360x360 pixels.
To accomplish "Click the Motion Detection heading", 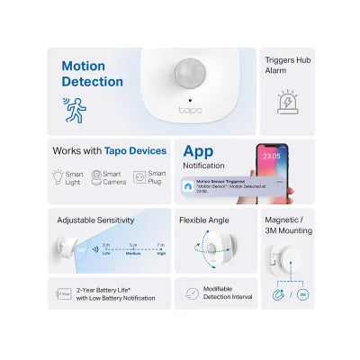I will tap(92, 74).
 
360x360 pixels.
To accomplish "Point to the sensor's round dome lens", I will tap(189, 72).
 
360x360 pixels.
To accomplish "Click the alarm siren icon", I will tap(288, 102).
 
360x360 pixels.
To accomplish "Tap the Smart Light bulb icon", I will tap(58, 177).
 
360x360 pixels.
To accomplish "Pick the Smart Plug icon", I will tap(139, 177).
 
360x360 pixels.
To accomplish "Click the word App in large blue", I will tap(198, 151).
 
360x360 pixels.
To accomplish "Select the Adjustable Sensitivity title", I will tap(95, 220).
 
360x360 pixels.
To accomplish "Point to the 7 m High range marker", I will tap(161, 248).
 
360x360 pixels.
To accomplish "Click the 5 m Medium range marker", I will tap(133, 248).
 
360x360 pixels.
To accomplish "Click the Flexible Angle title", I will tap(208, 220).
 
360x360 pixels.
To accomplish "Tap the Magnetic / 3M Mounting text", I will tap(288, 224).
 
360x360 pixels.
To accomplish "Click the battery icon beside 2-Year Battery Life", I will tap(64, 292).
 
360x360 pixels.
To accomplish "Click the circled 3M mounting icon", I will tap(303, 293).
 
